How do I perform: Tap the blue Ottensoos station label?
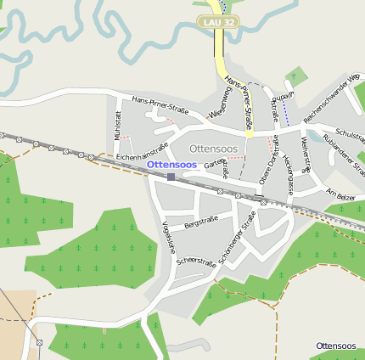pyautogui.click(x=171, y=164)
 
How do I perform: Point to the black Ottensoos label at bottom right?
pyautogui.click(x=335, y=346)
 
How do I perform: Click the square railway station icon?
pyautogui.click(x=171, y=177)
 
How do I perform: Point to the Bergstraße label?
pyautogui.click(x=201, y=222)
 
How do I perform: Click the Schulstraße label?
pyautogui.click(x=351, y=133)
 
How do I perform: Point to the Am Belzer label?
pyautogui.click(x=340, y=194)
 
